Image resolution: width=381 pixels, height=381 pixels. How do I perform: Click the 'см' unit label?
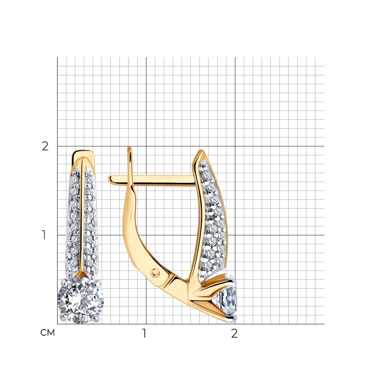pyautogui.click(x=48, y=332)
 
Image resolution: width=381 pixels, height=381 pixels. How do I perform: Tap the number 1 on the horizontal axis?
pyautogui.click(x=144, y=333)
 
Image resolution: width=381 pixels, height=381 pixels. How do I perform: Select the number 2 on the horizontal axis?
pyautogui.click(x=234, y=333)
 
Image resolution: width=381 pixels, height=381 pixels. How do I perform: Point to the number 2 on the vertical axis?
pyautogui.click(x=45, y=146)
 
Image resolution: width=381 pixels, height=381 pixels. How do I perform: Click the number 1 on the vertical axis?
pyautogui.click(x=44, y=235)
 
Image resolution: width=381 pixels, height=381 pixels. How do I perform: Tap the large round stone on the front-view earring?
pyautogui.click(x=80, y=300)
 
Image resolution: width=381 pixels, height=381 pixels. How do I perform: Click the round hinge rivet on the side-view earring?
pyautogui.click(x=155, y=273)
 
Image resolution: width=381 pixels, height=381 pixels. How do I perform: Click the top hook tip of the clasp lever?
pyautogui.click(x=130, y=148)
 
